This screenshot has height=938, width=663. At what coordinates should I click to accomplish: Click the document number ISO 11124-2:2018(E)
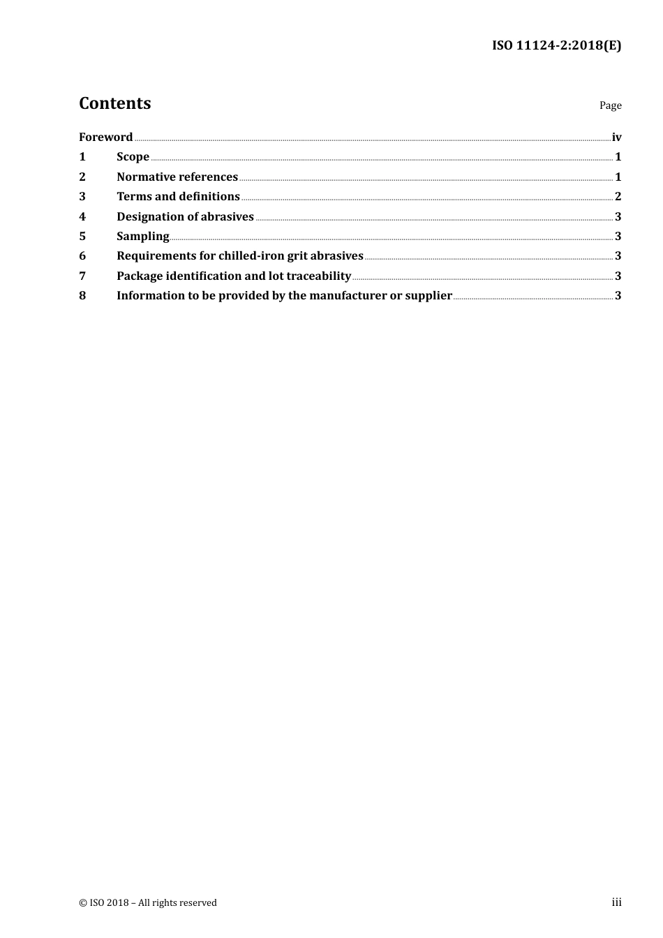tap(556, 46)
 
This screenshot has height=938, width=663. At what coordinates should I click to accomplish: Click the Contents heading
tap(114, 103)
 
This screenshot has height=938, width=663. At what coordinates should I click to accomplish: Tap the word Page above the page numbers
tap(610, 105)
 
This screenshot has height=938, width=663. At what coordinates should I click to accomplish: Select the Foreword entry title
tap(105, 137)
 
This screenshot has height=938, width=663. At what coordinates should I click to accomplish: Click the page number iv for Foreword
tap(616, 137)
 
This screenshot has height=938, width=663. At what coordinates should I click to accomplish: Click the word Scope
tap(133, 156)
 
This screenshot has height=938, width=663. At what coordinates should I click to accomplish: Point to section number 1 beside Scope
tap(82, 156)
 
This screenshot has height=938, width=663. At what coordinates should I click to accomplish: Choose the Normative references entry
tap(177, 177)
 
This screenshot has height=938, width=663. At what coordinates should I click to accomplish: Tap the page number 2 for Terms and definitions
tap(618, 196)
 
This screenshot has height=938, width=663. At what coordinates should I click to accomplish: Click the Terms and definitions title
tap(178, 196)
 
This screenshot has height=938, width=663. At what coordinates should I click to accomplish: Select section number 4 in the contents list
tap(82, 216)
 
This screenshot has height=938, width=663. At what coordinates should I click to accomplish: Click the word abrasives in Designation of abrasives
tap(228, 216)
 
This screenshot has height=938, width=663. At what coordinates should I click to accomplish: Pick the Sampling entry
tap(142, 236)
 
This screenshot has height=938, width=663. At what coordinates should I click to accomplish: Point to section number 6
tap(82, 255)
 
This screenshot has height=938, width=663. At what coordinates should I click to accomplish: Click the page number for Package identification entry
tap(618, 276)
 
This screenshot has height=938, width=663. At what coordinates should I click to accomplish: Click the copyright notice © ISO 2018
tap(147, 902)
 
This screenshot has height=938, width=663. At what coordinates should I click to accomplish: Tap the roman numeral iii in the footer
tap(616, 902)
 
